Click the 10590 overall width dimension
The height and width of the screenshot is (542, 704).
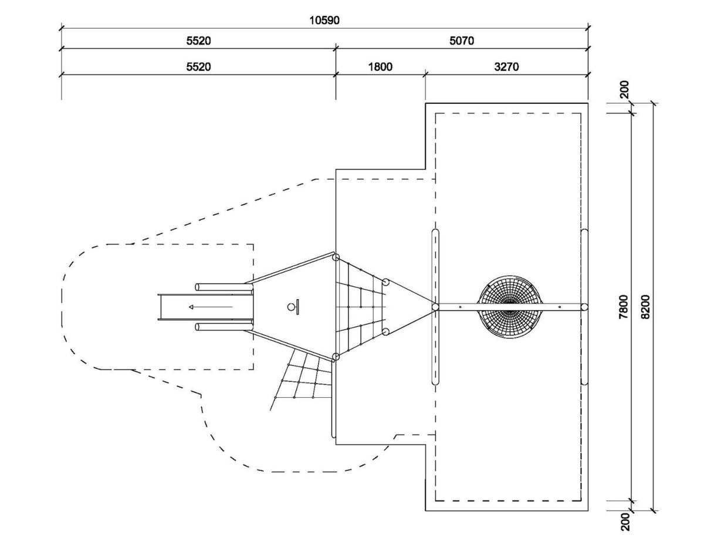click(324, 21)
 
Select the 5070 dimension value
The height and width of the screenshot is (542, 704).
click(462, 41)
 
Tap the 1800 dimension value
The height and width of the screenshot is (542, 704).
click(380, 67)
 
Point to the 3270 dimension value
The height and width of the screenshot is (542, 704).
click(507, 67)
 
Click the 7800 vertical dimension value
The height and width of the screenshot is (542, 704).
click(624, 306)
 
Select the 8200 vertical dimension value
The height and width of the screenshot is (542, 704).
click(646, 306)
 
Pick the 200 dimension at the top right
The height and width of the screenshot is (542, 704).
click(624, 89)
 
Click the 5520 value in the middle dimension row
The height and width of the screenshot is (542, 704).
click(198, 41)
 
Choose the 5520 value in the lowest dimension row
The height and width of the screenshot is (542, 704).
click(198, 67)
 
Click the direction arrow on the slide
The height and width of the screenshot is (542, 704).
click(211, 307)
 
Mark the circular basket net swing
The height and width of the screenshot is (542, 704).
click(510, 307)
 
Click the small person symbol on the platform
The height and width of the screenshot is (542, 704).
click(294, 307)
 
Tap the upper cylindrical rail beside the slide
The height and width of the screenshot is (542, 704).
click(224, 287)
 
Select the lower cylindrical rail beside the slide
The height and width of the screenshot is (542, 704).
click(224, 327)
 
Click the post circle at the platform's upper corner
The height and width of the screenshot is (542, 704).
click(336, 258)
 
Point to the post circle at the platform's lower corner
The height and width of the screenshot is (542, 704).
click(336, 357)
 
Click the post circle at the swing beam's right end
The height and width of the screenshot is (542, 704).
click(584, 307)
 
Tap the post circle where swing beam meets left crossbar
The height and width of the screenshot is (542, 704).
click(435, 307)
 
